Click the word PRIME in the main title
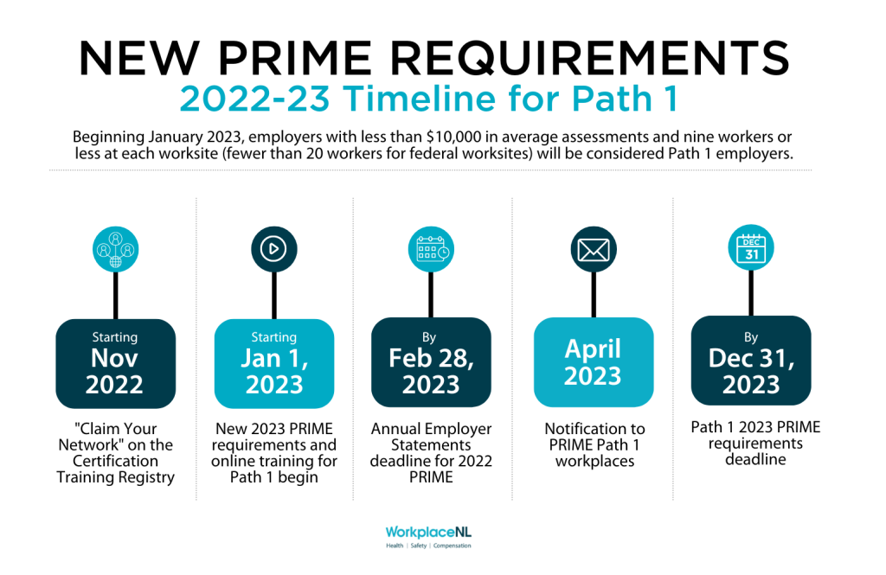coord(294,58)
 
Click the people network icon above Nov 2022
coord(115,249)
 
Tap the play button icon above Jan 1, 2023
coord(274,249)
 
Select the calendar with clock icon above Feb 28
coord(431,249)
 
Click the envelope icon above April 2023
coord(594,249)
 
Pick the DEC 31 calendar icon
coord(751,247)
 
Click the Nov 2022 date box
coord(115,363)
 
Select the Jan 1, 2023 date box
coord(274,363)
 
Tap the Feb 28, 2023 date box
coord(431,362)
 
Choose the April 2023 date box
coord(594,362)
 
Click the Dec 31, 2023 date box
coord(751,361)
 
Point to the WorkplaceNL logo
coord(428,537)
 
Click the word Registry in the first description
coord(146,478)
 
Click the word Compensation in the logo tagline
coord(452,546)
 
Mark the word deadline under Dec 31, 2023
coord(755,459)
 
